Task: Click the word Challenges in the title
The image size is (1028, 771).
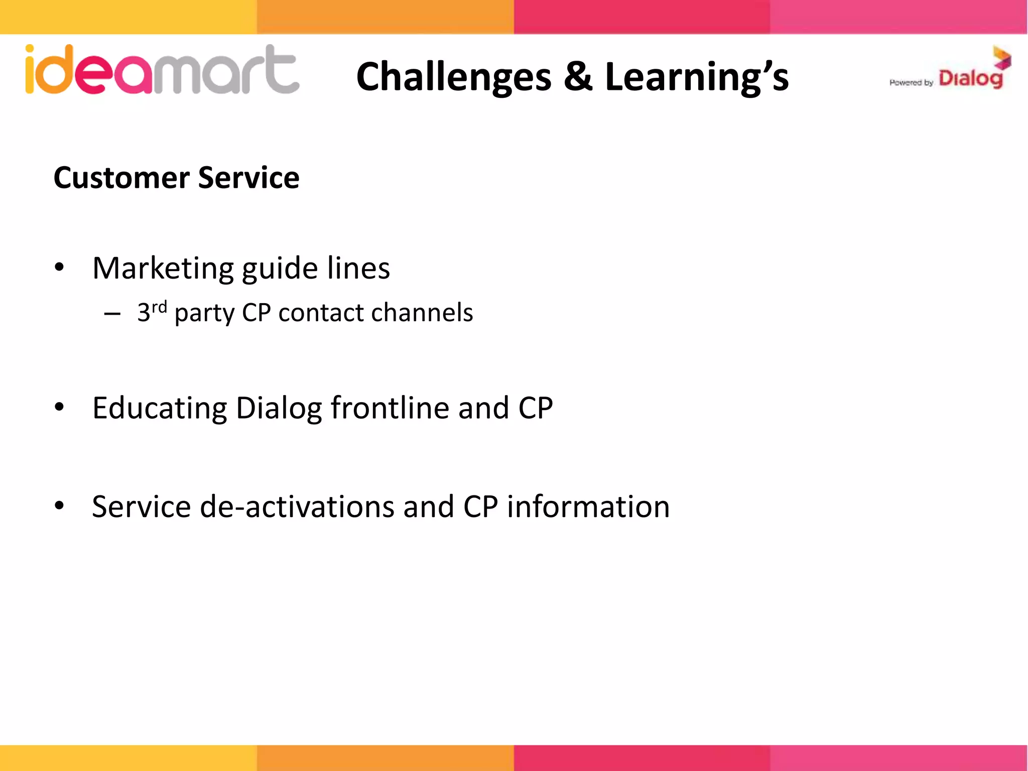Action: coord(454,77)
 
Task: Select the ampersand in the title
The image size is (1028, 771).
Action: coord(578,77)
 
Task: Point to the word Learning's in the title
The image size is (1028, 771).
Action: coord(697,77)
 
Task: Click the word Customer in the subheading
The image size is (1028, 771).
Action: coord(121,178)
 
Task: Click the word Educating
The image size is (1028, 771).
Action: coord(160,408)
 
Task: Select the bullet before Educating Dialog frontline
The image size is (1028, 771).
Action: coord(59,407)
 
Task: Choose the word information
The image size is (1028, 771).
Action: coord(588,506)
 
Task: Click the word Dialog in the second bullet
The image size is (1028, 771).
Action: coord(279,408)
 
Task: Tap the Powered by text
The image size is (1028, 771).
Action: coord(911,83)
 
